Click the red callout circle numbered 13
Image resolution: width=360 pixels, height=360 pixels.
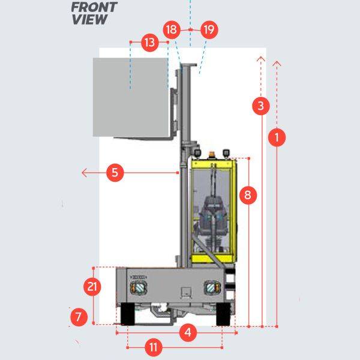tap(150, 43)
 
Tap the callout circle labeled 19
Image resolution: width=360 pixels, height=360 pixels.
tap(209, 29)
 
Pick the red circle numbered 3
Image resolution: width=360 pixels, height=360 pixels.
tap(260, 106)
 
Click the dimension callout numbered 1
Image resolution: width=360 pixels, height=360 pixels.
tap(276, 137)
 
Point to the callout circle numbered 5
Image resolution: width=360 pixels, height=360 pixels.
tap(116, 173)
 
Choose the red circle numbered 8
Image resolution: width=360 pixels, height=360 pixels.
tap(248, 194)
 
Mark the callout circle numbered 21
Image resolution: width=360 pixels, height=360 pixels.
tap(92, 287)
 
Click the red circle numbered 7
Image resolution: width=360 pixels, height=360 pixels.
tap(78, 316)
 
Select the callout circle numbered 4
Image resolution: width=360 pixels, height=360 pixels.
tap(188, 332)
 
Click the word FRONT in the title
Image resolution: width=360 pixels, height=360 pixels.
tap(94, 8)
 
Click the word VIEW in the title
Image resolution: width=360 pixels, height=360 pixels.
tap(89, 20)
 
